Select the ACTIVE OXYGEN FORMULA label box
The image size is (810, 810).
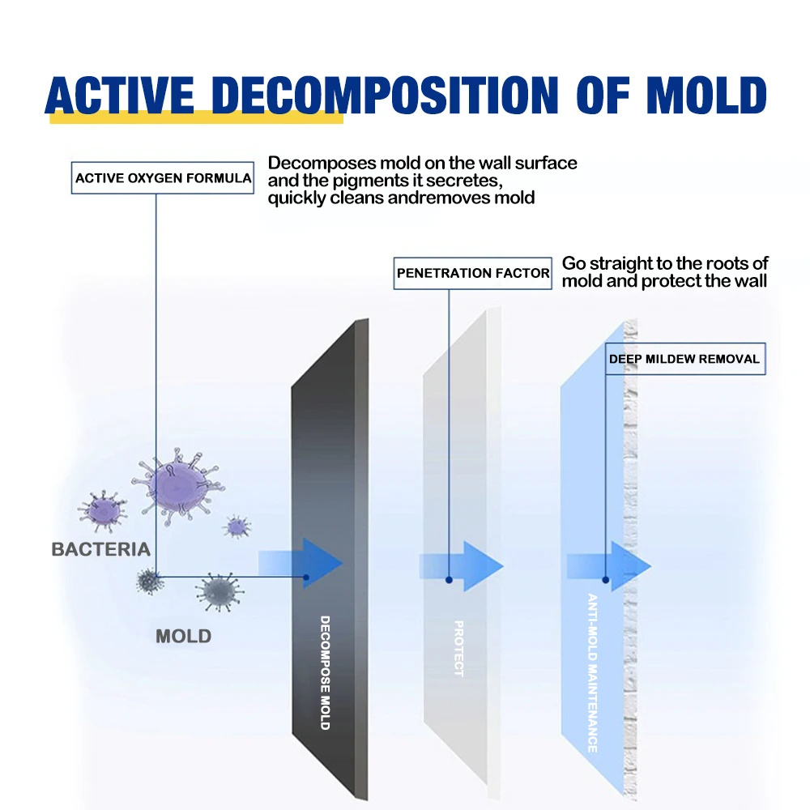(163, 178)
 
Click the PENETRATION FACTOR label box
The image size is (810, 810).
(473, 274)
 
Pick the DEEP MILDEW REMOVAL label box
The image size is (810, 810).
(684, 359)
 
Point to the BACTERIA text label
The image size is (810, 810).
(100, 549)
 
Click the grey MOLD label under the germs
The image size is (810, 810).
(183, 636)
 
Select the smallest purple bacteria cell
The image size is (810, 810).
(236, 526)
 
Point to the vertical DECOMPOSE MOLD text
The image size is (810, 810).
(325, 671)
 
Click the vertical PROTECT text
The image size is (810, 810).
(458, 648)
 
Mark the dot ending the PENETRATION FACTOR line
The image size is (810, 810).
(448, 580)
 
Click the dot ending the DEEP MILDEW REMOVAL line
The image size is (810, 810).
(606, 580)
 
